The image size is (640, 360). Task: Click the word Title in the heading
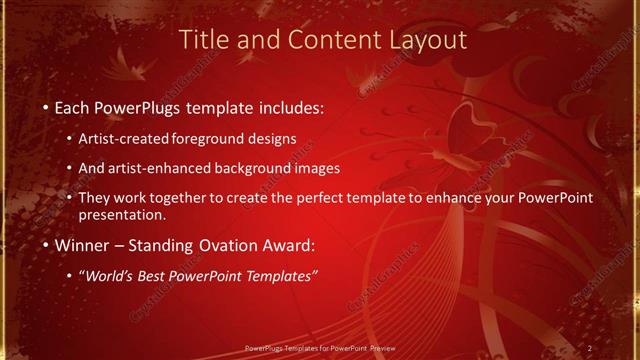(x=202, y=40)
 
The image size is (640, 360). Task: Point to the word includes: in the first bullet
(x=290, y=106)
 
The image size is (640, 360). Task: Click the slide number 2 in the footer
(x=590, y=348)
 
